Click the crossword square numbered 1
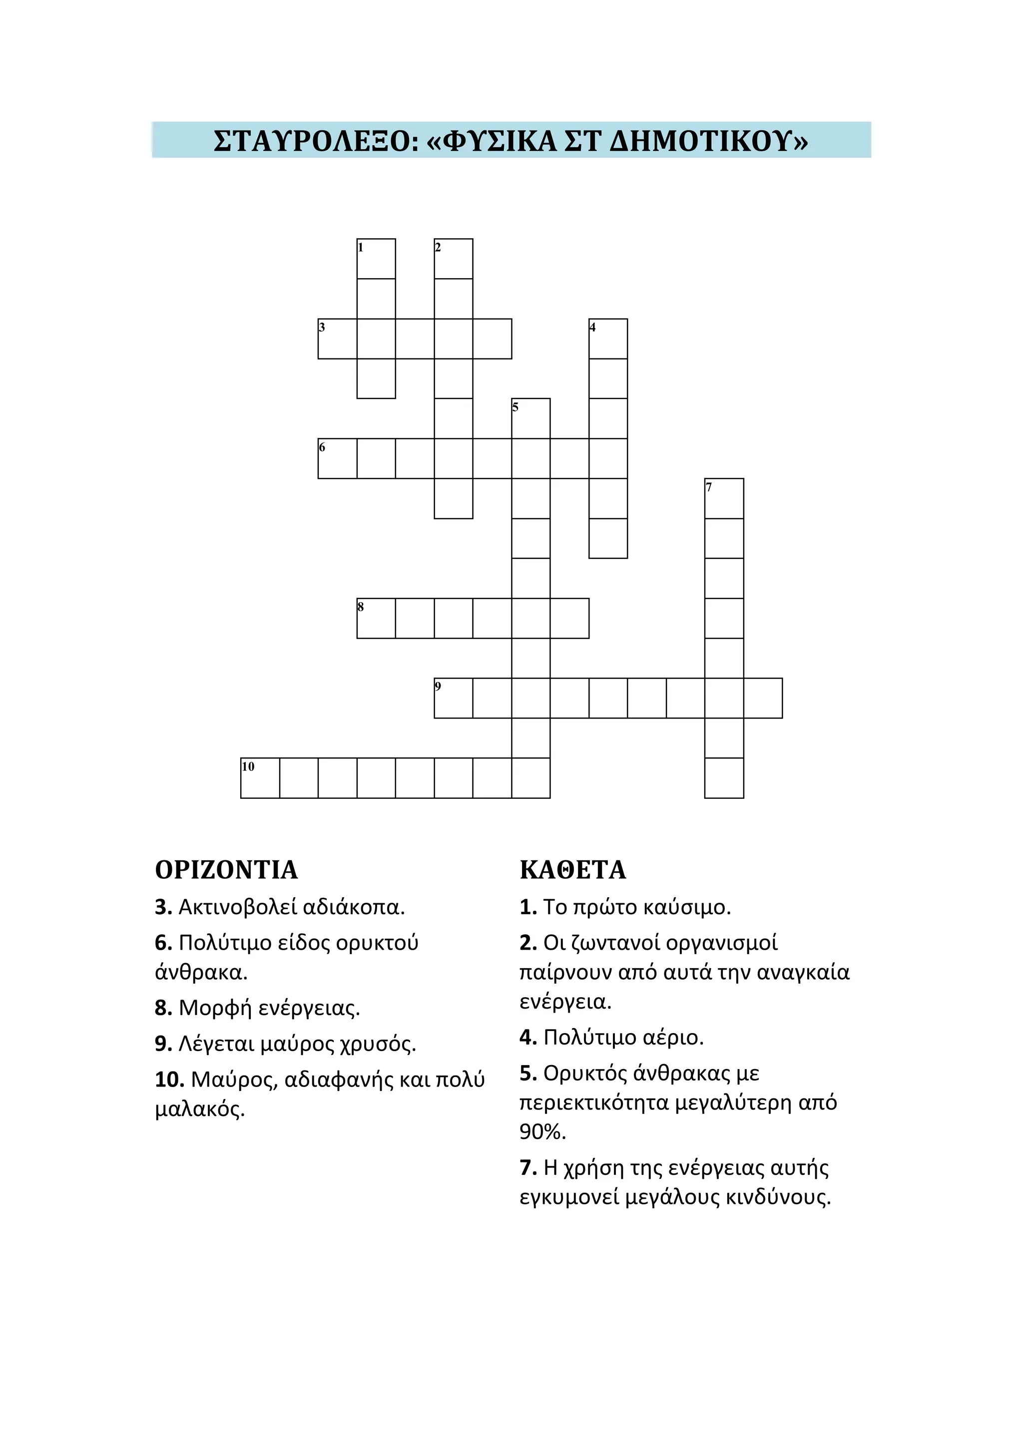376,259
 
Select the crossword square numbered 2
454,259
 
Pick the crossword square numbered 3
337,339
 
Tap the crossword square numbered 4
608,339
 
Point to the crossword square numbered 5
531,419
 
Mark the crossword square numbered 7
724,499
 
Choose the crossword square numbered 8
376,619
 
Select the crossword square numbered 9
454,699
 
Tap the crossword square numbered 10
260,778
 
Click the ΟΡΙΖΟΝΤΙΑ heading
226,870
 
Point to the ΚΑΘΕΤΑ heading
572,870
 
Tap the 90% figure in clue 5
542,1132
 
